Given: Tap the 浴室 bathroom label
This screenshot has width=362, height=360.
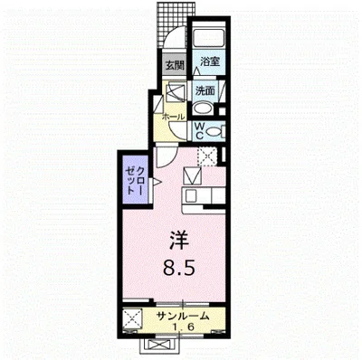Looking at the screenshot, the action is (x=210, y=62).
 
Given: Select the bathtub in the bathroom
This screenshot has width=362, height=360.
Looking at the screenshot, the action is (x=208, y=38).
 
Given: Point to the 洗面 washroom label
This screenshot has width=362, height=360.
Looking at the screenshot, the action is (x=205, y=90).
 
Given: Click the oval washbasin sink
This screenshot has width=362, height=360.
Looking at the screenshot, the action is (x=203, y=109).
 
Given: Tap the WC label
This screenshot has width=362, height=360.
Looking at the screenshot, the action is (x=200, y=130).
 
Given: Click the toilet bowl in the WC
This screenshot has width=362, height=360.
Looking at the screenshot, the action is (x=214, y=131).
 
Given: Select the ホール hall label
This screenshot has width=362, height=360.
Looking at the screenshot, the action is (x=174, y=118).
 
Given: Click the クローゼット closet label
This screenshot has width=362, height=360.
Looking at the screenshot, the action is (x=136, y=181).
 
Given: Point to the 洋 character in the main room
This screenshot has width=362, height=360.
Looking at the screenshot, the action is (x=178, y=241).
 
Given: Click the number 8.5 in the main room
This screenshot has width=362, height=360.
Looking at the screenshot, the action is (x=178, y=268).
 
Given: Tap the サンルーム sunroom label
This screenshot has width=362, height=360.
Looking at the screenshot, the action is (x=183, y=317).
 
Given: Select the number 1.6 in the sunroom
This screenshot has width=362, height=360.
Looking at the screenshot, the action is (x=183, y=327).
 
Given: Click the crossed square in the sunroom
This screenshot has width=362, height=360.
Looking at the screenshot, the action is (x=133, y=318).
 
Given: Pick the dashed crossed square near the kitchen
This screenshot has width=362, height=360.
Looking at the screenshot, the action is (x=206, y=156).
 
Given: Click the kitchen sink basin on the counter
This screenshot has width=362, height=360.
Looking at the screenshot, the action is (x=191, y=197).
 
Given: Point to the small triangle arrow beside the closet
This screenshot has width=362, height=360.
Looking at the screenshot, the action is (x=157, y=182).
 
